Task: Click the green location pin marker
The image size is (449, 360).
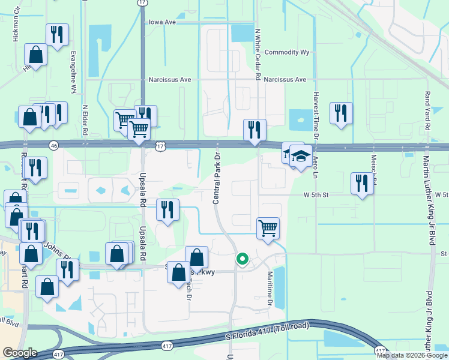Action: [242, 259]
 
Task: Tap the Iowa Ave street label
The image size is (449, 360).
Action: [162, 22]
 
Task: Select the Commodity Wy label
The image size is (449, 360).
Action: [287, 52]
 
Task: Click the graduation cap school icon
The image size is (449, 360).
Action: [301, 157]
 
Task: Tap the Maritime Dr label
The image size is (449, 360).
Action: [270, 287]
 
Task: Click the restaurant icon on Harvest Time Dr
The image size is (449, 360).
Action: [340, 112]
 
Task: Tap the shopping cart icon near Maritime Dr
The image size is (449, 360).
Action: [268, 228]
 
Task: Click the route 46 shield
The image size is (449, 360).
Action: [53, 145]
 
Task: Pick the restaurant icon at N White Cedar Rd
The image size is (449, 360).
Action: [255, 130]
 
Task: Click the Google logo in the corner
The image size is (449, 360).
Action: [20, 353]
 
